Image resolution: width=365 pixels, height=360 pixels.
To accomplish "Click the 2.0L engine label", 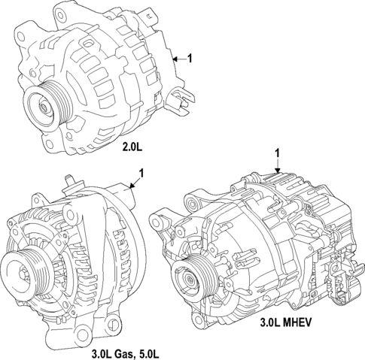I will click(x=132, y=147).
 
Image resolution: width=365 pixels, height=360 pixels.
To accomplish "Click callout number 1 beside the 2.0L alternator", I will click(x=190, y=58).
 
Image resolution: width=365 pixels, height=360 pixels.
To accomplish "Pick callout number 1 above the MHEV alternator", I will click(x=277, y=153).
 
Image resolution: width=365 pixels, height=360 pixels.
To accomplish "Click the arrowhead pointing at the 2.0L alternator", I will click(x=174, y=58).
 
